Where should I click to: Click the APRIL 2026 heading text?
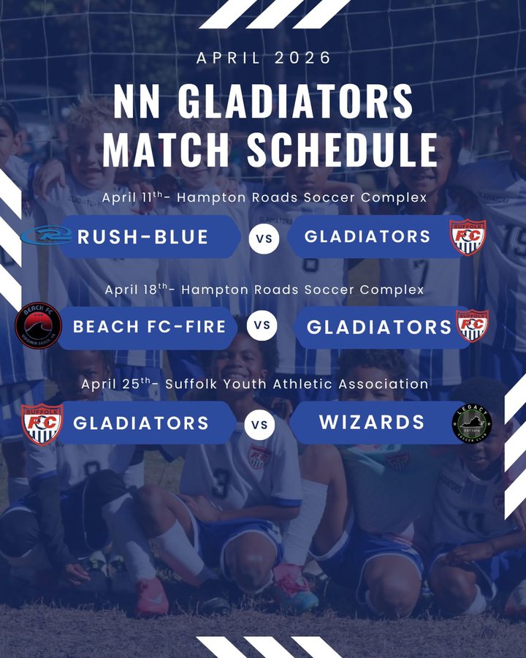(x=264, y=58)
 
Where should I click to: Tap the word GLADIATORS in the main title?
(x=295, y=101)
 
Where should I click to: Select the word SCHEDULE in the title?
(x=342, y=149)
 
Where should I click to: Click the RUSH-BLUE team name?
(x=142, y=237)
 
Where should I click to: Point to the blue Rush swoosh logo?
(x=46, y=235)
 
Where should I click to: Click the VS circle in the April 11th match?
(x=264, y=238)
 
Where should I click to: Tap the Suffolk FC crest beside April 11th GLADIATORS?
(x=468, y=237)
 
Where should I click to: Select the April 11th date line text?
(x=264, y=197)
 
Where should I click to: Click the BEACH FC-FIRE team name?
(x=149, y=327)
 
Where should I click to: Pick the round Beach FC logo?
(x=38, y=325)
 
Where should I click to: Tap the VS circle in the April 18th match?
(x=262, y=325)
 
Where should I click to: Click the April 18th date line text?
(x=264, y=290)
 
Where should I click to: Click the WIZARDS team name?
(x=372, y=422)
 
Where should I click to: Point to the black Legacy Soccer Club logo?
(x=472, y=424)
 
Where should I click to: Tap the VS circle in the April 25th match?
(x=259, y=425)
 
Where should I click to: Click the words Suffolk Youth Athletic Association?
(x=297, y=384)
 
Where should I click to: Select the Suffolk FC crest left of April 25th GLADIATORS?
(x=42, y=424)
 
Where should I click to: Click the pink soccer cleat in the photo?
(x=151, y=597)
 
